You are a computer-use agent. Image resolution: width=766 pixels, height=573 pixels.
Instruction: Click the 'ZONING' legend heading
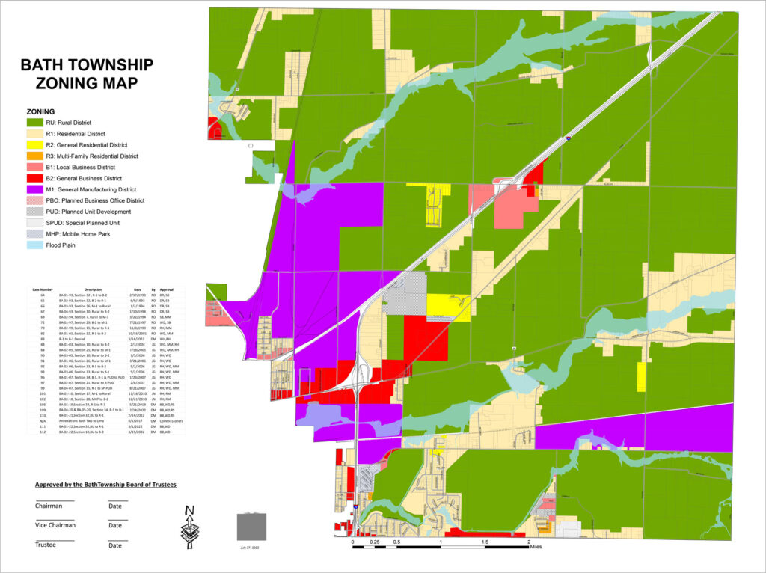[x=40, y=111]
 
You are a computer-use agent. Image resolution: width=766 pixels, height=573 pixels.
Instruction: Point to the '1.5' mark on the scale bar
[x=485, y=541]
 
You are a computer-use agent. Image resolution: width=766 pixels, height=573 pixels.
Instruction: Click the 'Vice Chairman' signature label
[x=55, y=525]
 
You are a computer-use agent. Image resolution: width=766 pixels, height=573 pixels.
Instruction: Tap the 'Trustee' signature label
[x=46, y=545]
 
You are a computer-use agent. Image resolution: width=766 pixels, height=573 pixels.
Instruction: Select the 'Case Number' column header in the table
[x=43, y=289]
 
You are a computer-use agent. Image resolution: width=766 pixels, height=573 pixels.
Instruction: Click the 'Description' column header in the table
[x=93, y=289]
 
